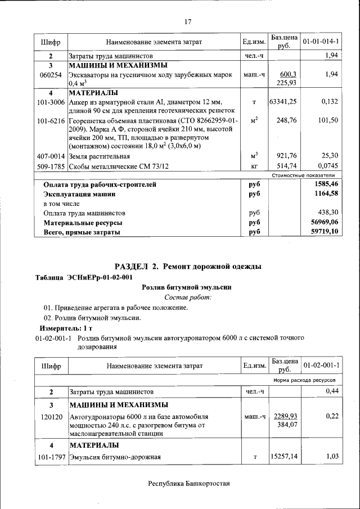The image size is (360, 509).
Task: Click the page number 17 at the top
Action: pyautogui.click(x=188, y=22)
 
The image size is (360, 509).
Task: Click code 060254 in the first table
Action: pyautogui.click(x=51, y=74)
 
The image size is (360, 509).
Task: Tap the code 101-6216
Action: pyautogui.click(x=51, y=121)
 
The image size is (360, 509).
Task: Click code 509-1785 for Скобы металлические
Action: pyautogui.click(x=51, y=166)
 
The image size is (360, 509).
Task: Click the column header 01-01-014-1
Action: pyautogui.click(x=321, y=42)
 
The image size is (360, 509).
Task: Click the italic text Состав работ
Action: pyautogui.click(x=188, y=297)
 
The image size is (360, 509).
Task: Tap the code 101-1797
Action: pyautogui.click(x=51, y=457)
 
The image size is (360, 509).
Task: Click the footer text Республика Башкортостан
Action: pyautogui.click(x=188, y=483)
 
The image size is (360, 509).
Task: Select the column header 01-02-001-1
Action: pyautogui.click(x=321, y=366)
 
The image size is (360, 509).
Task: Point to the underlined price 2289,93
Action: pyautogui.click(x=286, y=416)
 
